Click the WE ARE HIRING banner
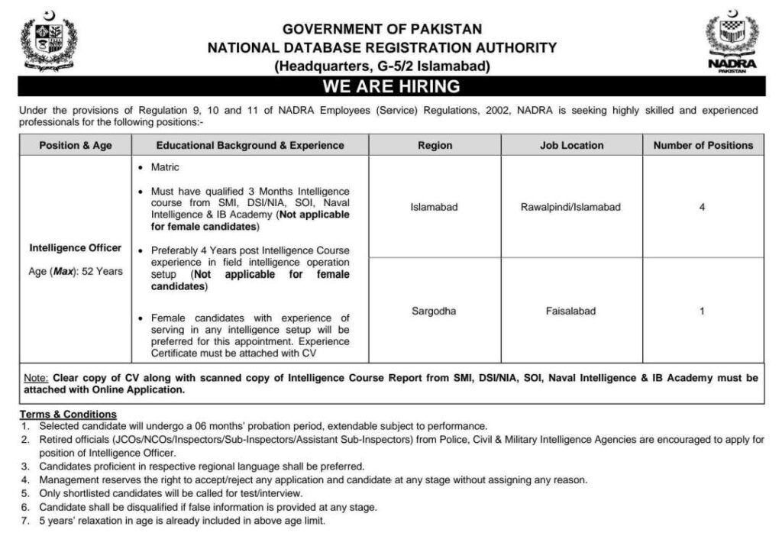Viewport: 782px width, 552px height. click(x=390, y=86)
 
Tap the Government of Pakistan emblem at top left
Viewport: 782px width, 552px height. click(x=50, y=41)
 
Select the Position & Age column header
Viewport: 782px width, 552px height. click(x=76, y=145)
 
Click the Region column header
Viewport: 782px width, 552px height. click(x=435, y=145)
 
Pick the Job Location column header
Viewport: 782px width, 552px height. click(x=571, y=145)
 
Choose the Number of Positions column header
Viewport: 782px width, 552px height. click(x=703, y=145)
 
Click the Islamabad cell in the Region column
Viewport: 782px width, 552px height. click(x=435, y=207)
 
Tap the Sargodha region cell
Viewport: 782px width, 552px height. click(x=435, y=311)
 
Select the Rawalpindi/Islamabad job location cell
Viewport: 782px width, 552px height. click(x=571, y=207)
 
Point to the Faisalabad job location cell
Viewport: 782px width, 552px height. click(x=571, y=311)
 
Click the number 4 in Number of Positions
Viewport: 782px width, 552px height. click(x=702, y=207)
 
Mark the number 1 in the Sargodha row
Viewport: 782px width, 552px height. click(x=702, y=311)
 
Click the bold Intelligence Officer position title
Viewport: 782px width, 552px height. click(x=76, y=248)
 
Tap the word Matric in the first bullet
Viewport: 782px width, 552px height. click(x=165, y=167)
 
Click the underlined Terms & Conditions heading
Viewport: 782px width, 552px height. click(x=68, y=415)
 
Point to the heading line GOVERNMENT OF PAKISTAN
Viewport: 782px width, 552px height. click(x=382, y=30)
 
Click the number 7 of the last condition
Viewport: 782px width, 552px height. click(x=24, y=521)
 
